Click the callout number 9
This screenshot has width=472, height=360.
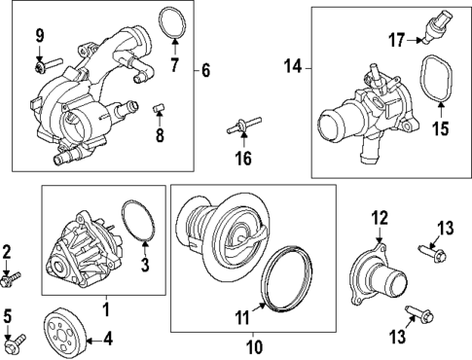(40, 36)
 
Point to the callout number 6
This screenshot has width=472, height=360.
(205, 70)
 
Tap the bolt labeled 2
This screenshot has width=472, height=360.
(11, 280)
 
